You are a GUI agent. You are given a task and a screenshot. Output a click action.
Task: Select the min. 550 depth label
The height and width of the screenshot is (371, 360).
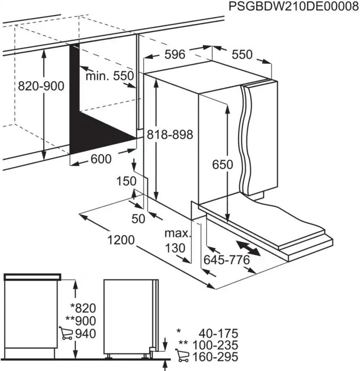point(110,76)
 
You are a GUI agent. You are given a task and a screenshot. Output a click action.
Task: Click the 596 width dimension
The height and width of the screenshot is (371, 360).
point(174,54)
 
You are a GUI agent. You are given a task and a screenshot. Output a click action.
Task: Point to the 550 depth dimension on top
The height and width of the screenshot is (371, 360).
point(242,54)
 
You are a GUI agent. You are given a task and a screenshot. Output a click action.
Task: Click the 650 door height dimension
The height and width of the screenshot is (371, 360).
point(223,165)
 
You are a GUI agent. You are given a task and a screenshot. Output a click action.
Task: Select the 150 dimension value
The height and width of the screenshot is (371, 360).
point(126,181)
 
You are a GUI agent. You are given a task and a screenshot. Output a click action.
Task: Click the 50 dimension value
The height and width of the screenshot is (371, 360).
point(138,219)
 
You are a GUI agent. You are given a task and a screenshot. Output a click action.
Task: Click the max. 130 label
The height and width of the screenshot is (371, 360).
point(177,240)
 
